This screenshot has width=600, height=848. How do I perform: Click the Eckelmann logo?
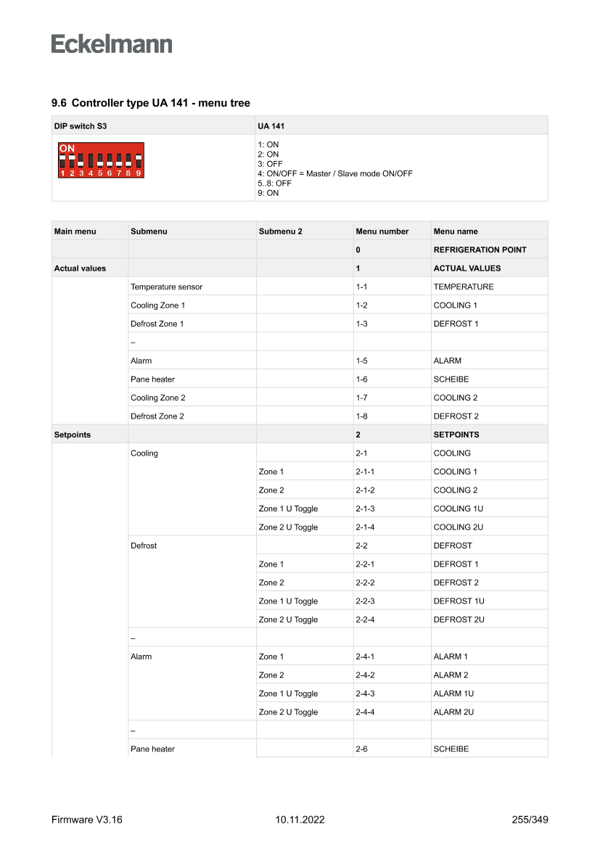click(112, 44)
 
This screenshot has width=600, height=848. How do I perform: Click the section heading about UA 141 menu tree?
click(151, 103)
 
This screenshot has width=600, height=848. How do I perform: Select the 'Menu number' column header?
click(382, 231)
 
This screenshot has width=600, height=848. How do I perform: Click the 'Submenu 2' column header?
click(280, 231)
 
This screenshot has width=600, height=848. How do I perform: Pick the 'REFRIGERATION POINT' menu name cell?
click(480, 250)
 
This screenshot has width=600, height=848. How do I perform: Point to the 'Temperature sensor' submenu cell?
click(166, 287)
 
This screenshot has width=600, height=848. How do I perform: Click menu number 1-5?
click(362, 361)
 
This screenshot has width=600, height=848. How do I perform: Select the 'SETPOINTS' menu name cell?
click(456, 435)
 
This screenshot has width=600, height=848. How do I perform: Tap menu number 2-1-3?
click(365, 509)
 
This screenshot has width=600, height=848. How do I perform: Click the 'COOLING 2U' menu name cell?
click(459, 527)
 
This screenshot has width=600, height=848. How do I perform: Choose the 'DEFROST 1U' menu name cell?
click(459, 601)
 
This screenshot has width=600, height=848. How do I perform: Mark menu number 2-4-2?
click(365, 675)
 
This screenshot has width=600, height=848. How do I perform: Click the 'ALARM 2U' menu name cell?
click(454, 712)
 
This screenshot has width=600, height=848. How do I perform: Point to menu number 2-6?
click(362, 749)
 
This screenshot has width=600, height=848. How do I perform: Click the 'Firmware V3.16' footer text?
click(87, 820)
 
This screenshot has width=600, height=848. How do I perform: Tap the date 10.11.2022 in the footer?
click(300, 820)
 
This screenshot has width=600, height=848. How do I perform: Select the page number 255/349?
click(530, 820)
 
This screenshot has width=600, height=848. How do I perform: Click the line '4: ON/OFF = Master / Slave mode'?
click(334, 173)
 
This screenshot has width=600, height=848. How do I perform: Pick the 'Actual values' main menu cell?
click(80, 268)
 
